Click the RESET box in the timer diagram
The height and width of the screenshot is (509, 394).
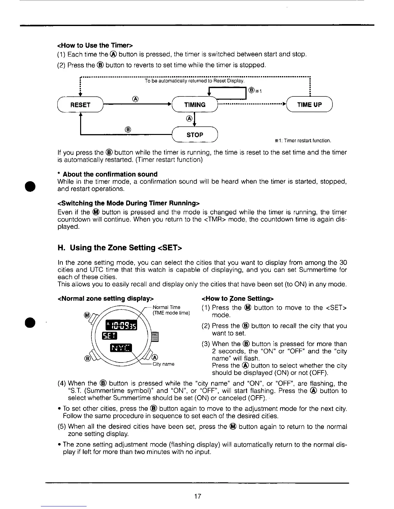pyautogui.click(x=80, y=105)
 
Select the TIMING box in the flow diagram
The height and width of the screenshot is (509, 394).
pyautogui.click(x=195, y=105)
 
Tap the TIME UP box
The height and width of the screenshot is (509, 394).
pyautogui.click(x=309, y=105)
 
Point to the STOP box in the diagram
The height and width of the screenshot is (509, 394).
pyautogui.click(x=195, y=135)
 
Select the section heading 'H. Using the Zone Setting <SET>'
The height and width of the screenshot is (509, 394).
pyautogui.click(x=120, y=248)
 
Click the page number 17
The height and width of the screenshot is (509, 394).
pyautogui.click(x=198, y=496)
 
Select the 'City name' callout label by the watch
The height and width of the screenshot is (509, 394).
pyautogui.click(x=164, y=364)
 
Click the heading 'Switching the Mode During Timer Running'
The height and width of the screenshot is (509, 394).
pyautogui.click(x=128, y=203)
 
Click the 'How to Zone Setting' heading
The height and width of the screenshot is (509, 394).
pyautogui.click(x=237, y=299)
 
